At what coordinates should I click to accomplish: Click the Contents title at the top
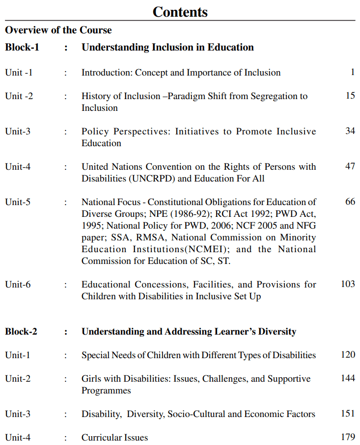180,12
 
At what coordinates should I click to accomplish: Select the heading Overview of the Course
58,30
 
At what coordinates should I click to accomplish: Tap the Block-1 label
22,48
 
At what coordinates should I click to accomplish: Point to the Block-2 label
21,332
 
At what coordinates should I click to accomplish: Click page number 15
350,96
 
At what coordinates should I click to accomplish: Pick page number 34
350,131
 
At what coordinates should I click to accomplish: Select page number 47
350,166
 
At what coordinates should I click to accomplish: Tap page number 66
350,202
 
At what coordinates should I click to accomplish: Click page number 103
348,284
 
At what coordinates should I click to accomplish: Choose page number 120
348,355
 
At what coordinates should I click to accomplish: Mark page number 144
348,378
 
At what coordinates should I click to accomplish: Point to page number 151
348,414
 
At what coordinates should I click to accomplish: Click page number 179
348,437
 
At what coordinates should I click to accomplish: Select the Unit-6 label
18,284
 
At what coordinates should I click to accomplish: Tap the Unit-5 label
18,202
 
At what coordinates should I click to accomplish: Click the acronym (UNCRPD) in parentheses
152,179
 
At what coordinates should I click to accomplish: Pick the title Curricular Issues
114,438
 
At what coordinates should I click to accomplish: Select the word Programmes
106,391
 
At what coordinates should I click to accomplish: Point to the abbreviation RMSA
149,237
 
